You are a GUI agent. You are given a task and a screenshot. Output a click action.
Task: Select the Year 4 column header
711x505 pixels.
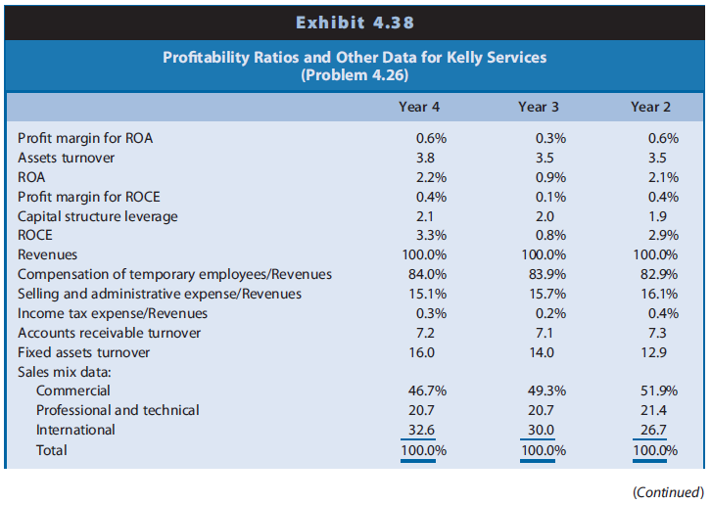coord(420,107)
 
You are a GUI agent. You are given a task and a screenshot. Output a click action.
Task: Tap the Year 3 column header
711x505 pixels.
coord(538,107)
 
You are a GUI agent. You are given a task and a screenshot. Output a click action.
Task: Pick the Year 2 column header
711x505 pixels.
coord(650,107)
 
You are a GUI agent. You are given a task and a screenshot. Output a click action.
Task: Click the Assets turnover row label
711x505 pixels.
coord(66,158)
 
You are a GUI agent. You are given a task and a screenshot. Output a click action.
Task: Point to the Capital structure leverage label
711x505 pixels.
coord(98,216)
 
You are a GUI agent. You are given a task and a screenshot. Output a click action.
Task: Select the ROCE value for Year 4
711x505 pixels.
coord(420,236)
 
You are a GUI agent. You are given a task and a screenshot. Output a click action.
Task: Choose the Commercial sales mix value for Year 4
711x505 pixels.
coord(420,390)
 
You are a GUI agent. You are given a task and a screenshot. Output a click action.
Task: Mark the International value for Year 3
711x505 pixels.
coord(538,430)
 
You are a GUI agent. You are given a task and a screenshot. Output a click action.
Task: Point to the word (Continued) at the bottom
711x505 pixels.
coord(668,490)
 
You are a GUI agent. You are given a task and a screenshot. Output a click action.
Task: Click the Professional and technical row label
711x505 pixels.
coord(118,410)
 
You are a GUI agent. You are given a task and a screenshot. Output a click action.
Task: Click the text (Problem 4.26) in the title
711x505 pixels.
coord(355,74)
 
